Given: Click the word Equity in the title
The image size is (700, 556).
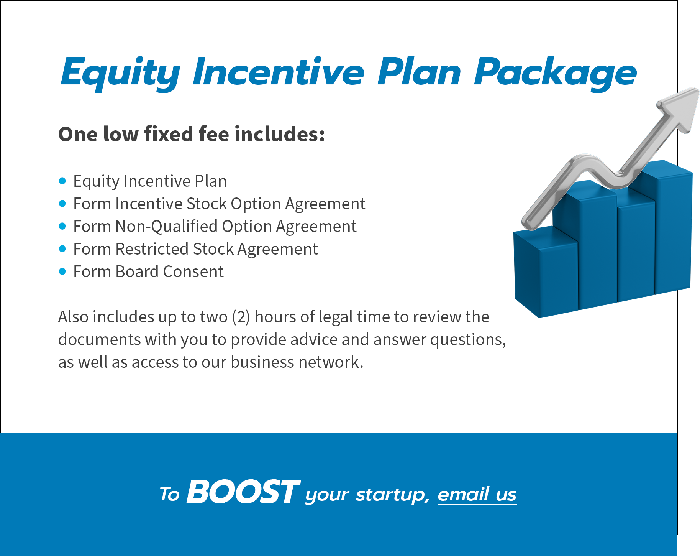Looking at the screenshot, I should [120, 73].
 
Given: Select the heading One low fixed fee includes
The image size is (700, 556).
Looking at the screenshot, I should [192, 134].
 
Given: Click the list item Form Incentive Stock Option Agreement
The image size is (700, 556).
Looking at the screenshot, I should [219, 204].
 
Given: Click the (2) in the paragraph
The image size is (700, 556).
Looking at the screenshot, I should [241, 317].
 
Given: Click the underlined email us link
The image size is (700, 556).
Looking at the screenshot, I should [477, 494].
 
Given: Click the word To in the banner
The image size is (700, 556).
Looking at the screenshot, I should [169, 494].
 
